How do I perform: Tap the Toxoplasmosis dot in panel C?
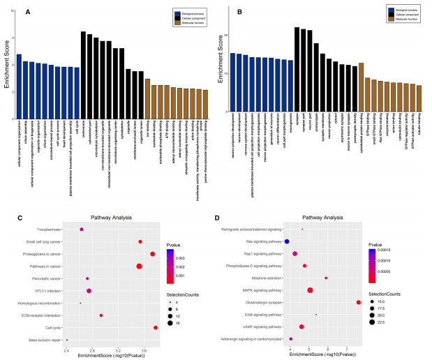pos(82,229)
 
